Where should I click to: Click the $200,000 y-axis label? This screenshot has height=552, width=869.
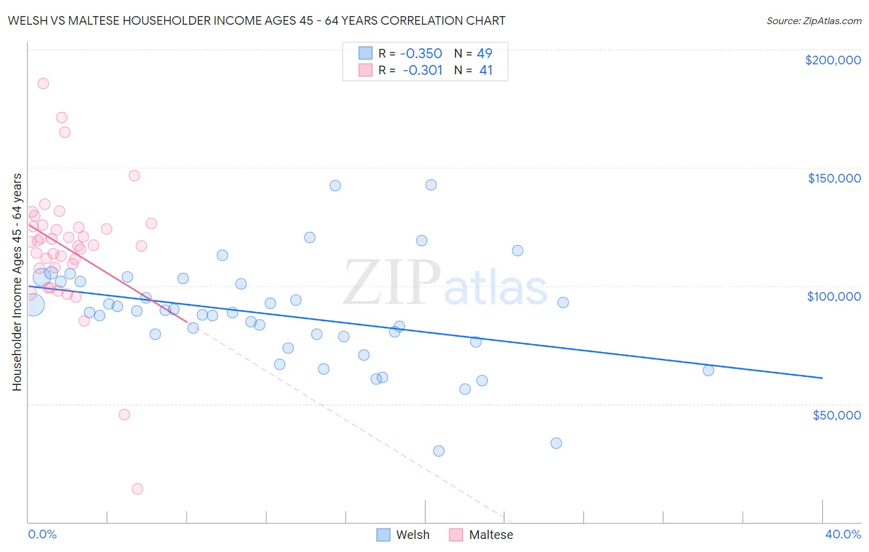coord(833,60)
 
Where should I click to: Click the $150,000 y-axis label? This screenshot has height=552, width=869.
coord(834,178)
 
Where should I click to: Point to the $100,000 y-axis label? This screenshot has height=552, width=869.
coord(834,296)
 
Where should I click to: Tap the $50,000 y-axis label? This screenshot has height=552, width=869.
coord(836,415)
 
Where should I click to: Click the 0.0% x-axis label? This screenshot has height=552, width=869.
coord(42,534)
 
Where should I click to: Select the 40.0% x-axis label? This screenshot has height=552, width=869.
coord(842,534)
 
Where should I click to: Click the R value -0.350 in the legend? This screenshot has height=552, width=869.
coord(421,53)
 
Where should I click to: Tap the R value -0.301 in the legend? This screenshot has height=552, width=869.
coord(422,71)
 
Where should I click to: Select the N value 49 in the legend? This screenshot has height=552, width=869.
coord(485,53)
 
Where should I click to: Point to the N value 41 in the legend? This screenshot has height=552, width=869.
coord(486,71)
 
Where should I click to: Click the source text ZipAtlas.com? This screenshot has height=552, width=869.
coord(813,20)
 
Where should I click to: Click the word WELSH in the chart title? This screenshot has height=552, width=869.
coord(29,20)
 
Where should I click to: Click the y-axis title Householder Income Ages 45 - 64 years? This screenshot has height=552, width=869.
coord(17,282)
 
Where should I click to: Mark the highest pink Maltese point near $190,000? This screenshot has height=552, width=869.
coord(43,84)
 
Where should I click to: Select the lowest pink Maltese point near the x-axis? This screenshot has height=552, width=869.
coord(137,489)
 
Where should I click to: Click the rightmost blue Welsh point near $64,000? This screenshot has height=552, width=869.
coord(708,371)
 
